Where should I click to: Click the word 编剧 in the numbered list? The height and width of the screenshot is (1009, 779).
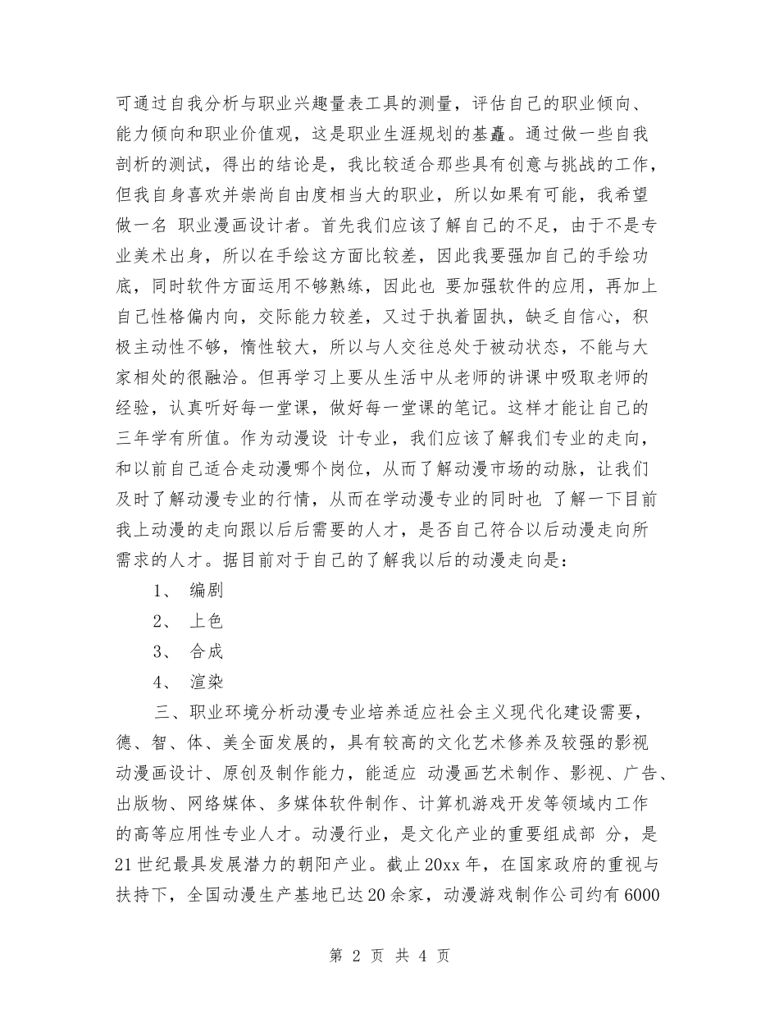coord(206,590)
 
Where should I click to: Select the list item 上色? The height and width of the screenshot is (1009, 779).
coord(206,621)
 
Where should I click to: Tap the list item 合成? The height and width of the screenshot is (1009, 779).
coord(206,651)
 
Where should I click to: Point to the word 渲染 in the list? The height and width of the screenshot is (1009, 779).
coord(206,682)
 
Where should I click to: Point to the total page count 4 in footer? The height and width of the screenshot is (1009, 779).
coord(419,956)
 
